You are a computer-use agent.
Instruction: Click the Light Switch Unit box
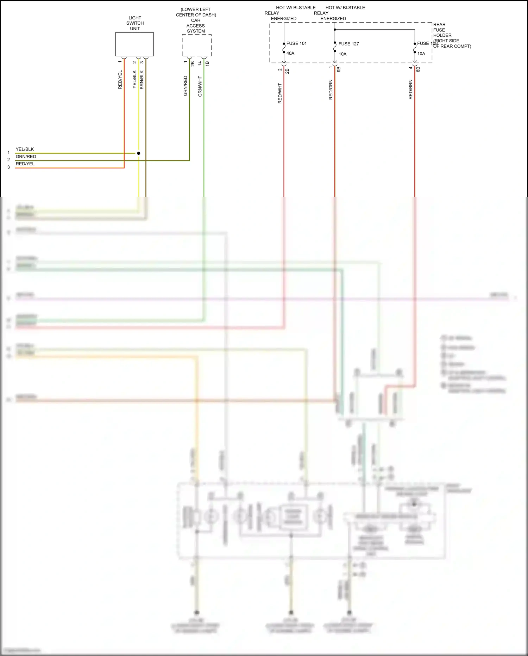click(134, 44)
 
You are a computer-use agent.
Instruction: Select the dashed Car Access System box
click(196, 45)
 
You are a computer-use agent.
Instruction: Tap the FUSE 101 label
click(296, 43)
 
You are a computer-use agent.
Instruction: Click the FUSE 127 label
click(348, 44)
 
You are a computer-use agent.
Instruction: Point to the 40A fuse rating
click(290, 53)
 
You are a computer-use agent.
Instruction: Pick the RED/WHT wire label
click(280, 93)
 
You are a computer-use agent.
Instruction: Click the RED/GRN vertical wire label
click(331, 90)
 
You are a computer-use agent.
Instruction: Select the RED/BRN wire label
click(411, 90)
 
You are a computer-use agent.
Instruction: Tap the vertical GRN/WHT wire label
click(200, 86)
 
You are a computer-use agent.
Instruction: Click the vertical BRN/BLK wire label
click(142, 80)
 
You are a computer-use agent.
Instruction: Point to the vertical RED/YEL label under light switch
click(120, 80)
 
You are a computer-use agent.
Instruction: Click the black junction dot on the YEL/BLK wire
click(139, 153)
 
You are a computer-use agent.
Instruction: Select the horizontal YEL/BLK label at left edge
click(25, 149)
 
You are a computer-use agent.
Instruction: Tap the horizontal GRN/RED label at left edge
click(26, 157)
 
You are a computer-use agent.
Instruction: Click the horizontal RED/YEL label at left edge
click(25, 164)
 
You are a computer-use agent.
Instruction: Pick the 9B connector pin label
click(339, 69)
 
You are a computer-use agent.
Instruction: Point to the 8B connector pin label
click(418, 69)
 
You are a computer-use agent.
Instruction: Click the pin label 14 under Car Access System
click(200, 63)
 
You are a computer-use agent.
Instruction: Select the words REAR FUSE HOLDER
click(442, 30)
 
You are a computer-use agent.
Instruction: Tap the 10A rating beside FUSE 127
click(342, 54)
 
